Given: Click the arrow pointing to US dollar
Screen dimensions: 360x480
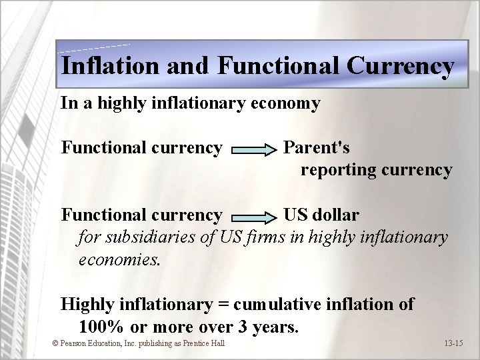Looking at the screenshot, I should coord(255,216).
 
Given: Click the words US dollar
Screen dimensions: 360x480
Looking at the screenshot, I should coord(321,215).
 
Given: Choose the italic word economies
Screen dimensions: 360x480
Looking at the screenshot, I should coord(119,259).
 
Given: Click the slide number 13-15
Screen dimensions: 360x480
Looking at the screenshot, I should coord(453,343).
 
